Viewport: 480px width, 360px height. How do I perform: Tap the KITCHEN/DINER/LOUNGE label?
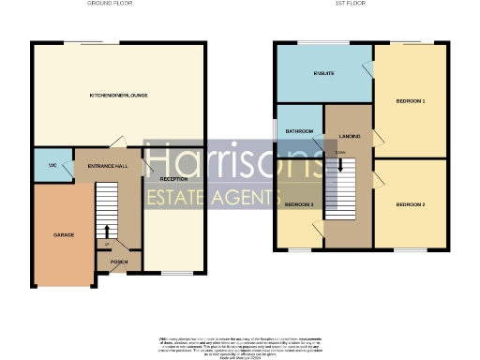point(119,96)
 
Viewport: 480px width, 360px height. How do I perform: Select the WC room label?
point(52,165)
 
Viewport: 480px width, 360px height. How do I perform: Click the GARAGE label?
point(64,234)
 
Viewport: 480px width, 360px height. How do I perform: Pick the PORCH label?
point(119,262)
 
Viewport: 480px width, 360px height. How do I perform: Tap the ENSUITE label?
point(324,72)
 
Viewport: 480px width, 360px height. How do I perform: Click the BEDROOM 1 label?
point(411,100)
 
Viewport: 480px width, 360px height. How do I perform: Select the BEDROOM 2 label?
point(411,204)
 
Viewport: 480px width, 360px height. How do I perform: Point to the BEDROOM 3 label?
point(299,204)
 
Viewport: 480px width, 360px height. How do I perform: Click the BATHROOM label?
point(299,132)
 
